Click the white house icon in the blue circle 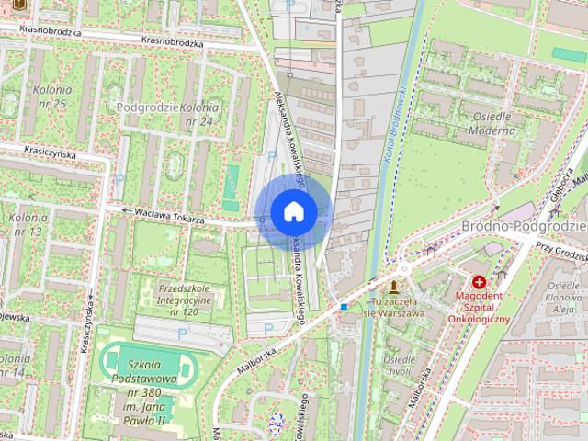293,211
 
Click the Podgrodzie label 148,107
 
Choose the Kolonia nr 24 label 198,114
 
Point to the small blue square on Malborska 344,306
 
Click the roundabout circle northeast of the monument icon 403,269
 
